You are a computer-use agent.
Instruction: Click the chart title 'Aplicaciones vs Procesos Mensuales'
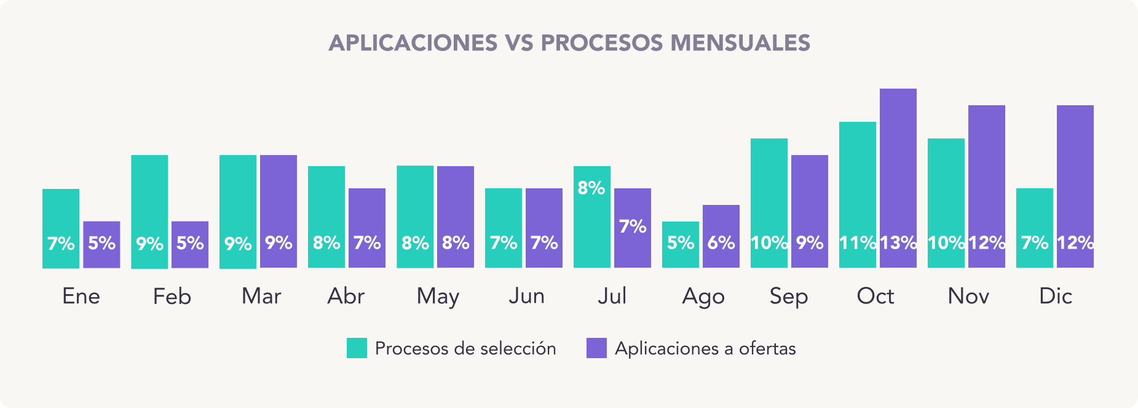tap(569, 43)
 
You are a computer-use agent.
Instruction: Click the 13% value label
tap(898, 243)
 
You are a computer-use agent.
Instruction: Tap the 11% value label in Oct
tap(858, 243)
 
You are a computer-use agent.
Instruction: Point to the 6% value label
tap(721, 243)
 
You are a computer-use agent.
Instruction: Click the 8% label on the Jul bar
tap(591, 188)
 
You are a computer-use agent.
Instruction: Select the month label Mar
tap(261, 297)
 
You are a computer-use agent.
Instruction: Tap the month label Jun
tap(526, 297)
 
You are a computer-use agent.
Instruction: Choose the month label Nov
tap(968, 297)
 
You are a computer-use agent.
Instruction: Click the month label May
tap(438, 297)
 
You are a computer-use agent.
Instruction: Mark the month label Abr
tap(346, 297)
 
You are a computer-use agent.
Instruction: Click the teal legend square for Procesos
tap(357, 348)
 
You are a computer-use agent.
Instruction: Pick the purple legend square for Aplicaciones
tap(596, 348)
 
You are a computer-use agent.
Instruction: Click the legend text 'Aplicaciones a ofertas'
tap(705, 349)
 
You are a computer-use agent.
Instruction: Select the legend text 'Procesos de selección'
tap(465, 349)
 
